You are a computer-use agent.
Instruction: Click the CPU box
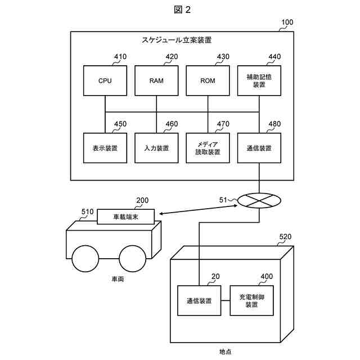[x=105, y=80]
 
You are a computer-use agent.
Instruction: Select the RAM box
[x=156, y=80]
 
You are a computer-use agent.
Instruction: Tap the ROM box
[x=208, y=80]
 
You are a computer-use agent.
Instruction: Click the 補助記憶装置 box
[x=259, y=80]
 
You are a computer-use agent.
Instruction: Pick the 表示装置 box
[x=105, y=148]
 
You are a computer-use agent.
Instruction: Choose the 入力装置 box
[x=156, y=148]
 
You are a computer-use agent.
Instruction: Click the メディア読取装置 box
[x=208, y=148]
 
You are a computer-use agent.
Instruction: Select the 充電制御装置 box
[x=251, y=300]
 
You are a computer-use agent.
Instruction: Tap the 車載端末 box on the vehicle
[x=126, y=217]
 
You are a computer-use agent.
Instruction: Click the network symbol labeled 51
[x=259, y=201]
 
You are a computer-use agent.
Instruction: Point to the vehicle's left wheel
[x=85, y=259]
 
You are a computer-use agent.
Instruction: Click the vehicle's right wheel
[x=133, y=259]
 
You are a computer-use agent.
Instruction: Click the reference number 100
[x=287, y=22]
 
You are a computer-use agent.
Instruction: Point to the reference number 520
[x=285, y=236]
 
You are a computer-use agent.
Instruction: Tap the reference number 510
[x=88, y=211]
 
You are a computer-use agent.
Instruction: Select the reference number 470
[x=223, y=124]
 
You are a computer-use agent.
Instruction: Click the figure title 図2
[x=182, y=10]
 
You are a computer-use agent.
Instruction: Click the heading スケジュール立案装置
[x=177, y=40]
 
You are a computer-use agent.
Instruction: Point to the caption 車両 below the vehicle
[x=118, y=279]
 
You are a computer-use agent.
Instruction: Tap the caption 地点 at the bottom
[x=226, y=352]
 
